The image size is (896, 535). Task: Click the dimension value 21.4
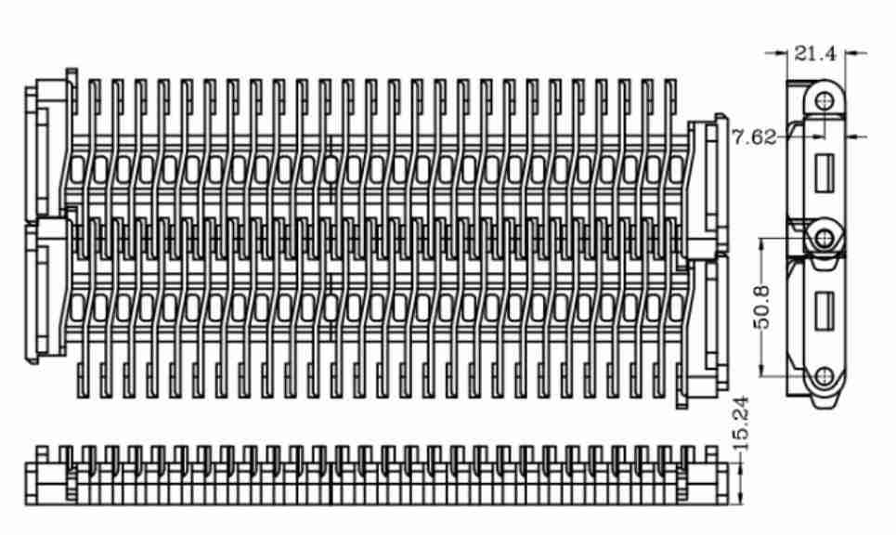815,54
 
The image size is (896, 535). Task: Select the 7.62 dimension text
754,137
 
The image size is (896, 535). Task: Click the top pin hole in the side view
825,101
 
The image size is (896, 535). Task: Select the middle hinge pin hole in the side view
824,238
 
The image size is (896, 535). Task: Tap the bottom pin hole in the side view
825,375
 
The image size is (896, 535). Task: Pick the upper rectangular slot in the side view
824,173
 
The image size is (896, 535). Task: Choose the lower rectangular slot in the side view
824,311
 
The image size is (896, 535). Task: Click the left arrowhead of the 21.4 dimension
782,53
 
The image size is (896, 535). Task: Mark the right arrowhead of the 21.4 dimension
852,53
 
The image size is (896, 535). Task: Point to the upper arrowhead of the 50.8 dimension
761,245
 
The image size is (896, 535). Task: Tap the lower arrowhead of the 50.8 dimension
761,370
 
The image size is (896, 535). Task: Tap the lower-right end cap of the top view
704,331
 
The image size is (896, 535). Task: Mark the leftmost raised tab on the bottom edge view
42,454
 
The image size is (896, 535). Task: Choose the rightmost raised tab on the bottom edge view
711,454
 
